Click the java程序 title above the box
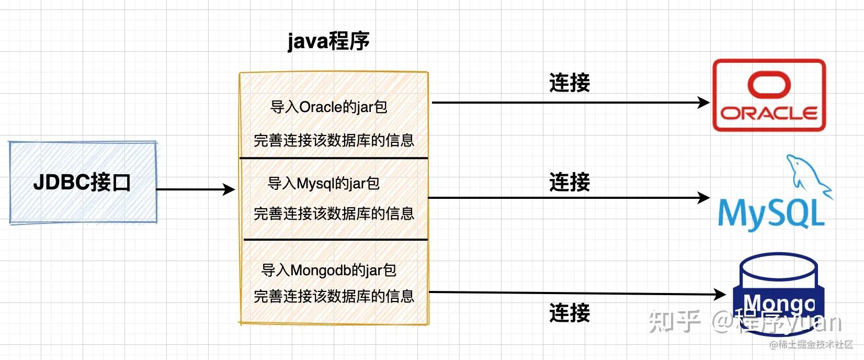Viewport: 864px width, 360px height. point(328,41)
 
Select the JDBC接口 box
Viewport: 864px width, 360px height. point(83,183)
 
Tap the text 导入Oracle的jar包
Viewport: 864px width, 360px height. point(328,107)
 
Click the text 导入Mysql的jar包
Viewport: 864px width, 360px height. point(323,184)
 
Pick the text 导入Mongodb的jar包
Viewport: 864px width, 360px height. point(328,271)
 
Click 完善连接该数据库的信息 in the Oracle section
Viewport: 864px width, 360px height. point(334,141)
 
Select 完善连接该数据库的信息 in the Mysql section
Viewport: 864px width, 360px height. point(334,214)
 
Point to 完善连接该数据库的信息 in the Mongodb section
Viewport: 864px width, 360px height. point(334,297)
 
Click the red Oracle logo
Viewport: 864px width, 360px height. point(769,95)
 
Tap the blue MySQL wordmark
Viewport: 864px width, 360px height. point(771,213)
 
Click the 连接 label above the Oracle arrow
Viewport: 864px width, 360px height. point(570,83)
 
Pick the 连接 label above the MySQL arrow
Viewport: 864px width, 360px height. point(570,183)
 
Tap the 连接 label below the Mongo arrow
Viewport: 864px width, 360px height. point(570,313)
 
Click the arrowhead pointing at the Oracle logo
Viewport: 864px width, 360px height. point(704,103)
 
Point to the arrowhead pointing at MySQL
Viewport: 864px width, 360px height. point(704,198)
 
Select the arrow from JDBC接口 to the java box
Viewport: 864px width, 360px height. point(196,189)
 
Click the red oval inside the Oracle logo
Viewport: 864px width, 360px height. point(769,85)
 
